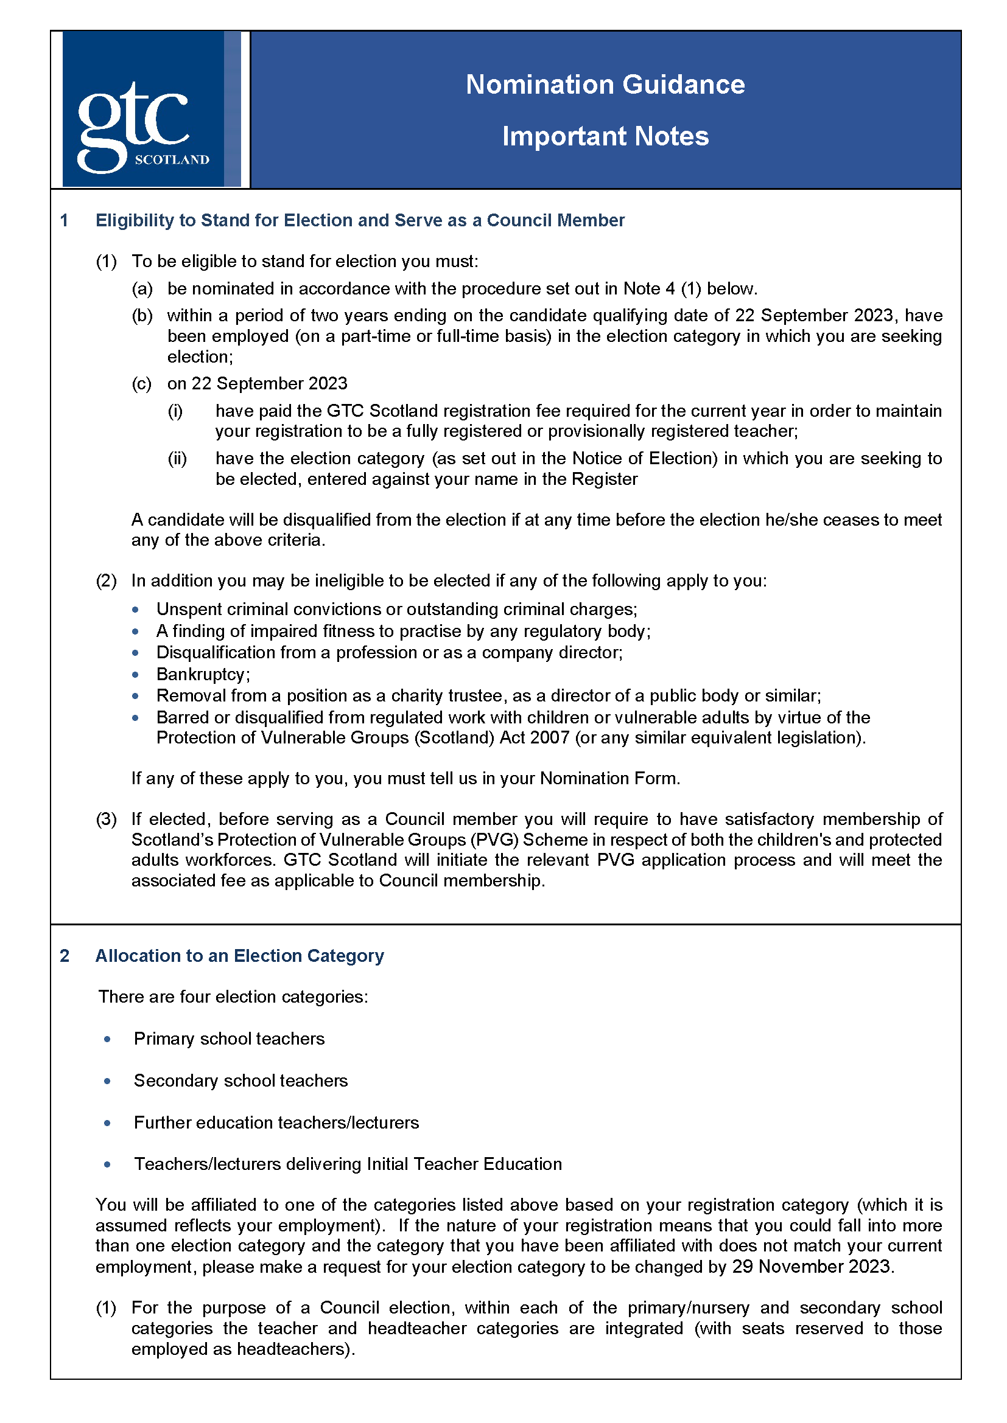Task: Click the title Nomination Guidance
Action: pos(605,85)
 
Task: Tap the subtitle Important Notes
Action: pos(605,136)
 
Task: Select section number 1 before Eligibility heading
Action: pos(64,221)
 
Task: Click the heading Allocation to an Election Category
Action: pos(239,956)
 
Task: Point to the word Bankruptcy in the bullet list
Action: pos(202,674)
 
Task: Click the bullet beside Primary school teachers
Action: pos(108,1039)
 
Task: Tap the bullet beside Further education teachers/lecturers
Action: pos(108,1123)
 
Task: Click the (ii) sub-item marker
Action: pos(177,459)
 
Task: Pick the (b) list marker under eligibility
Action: pos(142,316)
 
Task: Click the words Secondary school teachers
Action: pos(240,1081)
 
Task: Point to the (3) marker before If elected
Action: pos(106,819)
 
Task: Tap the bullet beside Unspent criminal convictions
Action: pos(135,610)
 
